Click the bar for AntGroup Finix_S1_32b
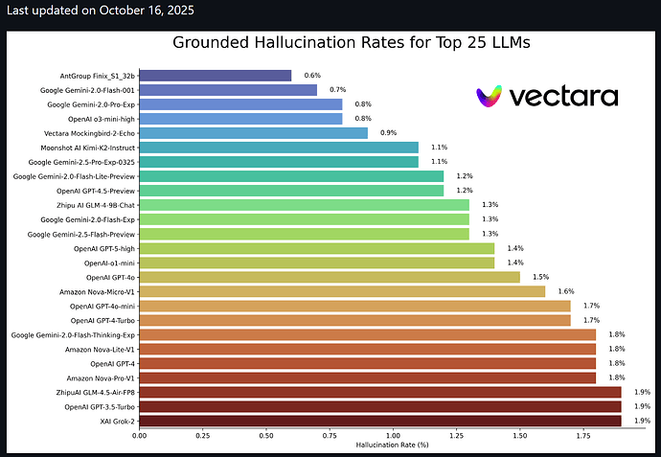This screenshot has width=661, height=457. [x=216, y=75]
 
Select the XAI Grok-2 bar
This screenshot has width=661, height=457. [x=380, y=421]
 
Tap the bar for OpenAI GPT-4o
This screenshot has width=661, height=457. [x=330, y=277]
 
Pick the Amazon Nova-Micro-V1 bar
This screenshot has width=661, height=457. [x=342, y=291]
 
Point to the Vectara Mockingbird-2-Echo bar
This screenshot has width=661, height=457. [x=254, y=133]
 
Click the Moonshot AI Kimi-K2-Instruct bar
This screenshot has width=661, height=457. [x=279, y=148]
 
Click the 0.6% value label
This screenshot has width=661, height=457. [x=312, y=75]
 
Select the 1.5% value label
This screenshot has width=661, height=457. [x=541, y=277]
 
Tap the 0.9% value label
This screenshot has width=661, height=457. [x=388, y=133]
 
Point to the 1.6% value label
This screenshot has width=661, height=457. [x=566, y=291]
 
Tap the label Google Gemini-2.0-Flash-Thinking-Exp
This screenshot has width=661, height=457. [x=74, y=335]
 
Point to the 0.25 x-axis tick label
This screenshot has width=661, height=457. [x=203, y=436]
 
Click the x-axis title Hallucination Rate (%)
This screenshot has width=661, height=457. [x=393, y=446]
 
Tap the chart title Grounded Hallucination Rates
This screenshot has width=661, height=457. [x=351, y=42]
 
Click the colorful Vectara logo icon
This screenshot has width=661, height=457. [x=493, y=95]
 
